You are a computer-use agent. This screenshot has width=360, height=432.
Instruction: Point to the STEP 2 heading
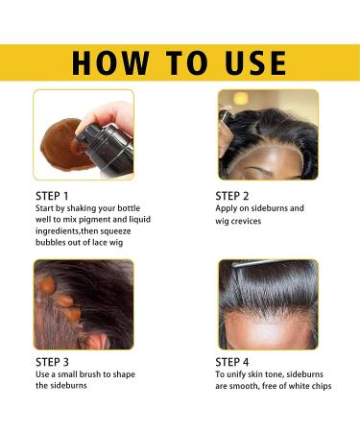click(x=235, y=195)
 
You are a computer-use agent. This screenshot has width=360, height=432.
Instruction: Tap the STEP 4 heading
click(x=235, y=362)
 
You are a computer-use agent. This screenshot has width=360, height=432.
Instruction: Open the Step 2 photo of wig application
click(x=267, y=134)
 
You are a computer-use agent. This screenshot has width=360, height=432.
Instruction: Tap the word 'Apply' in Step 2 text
click(x=231, y=208)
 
